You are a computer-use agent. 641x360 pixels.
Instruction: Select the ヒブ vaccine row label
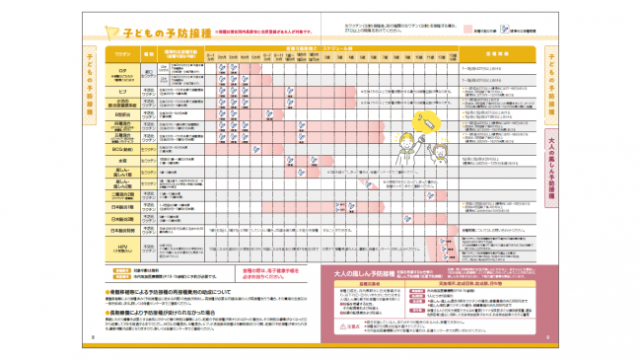123,87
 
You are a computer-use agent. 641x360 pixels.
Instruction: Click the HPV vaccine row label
123,248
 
